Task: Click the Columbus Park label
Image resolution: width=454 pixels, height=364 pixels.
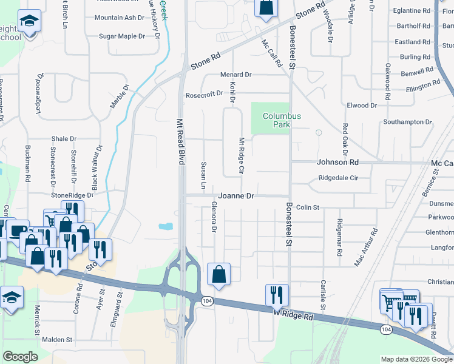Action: pyautogui.click(x=282, y=120)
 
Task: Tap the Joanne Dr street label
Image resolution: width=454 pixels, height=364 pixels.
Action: pyautogui.click(x=236, y=196)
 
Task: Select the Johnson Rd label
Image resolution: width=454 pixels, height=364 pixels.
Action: pyautogui.click(x=337, y=163)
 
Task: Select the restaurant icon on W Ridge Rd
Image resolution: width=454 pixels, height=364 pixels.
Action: pyautogui.click(x=277, y=295)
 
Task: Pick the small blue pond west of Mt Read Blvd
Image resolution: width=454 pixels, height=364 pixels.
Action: pyautogui.click(x=165, y=226)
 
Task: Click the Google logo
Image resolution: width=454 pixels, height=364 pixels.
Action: pyautogui.click(x=21, y=357)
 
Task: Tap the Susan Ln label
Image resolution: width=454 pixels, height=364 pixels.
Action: pyautogui.click(x=203, y=174)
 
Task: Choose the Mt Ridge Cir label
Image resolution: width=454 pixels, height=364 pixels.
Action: pyautogui.click(x=241, y=156)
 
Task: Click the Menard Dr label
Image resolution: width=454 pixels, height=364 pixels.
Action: pyautogui.click(x=235, y=75)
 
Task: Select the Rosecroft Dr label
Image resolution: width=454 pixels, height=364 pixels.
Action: pyautogui.click(x=205, y=95)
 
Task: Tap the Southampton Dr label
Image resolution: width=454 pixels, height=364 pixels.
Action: pyautogui.click(x=407, y=122)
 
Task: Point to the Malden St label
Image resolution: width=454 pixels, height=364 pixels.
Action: pyautogui.click(x=57, y=340)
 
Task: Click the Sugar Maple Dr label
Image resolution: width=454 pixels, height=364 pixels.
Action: pyautogui.click(x=122, y=36)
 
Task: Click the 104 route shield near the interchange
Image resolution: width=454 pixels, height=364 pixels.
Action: pyautogui.click(x=207, y=302)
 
